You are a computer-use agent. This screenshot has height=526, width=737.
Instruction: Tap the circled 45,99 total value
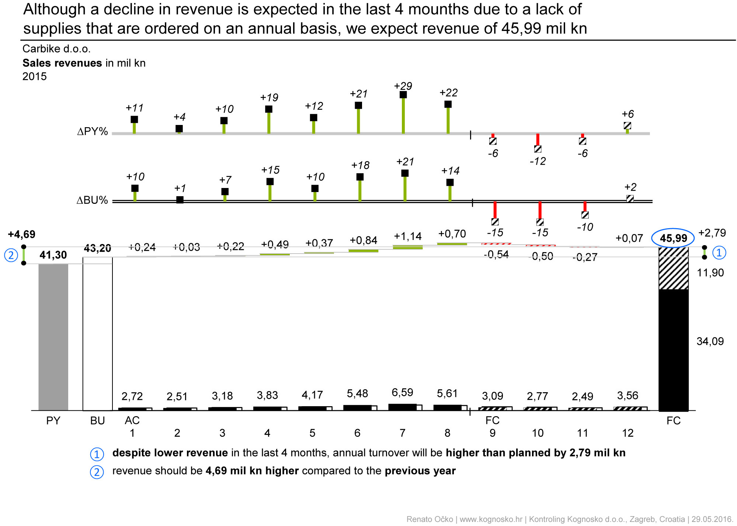pos(673,238)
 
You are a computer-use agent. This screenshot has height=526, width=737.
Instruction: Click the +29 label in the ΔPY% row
pos(403,86)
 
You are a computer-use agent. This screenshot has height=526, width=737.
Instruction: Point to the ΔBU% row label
pos(92,201)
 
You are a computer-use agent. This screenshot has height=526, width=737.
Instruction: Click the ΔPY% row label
pos(92,132)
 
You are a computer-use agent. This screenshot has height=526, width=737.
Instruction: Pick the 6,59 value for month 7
pos(402,393)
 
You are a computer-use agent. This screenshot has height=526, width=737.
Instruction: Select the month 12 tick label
pos(628,433)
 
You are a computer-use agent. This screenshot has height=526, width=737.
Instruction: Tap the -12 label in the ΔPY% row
pos(538,161)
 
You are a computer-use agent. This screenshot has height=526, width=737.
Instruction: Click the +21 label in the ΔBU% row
pos(405,162)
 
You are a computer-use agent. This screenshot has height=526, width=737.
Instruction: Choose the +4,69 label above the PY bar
pos(22,234)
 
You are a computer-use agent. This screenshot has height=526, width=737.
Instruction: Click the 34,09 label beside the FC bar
pos(710,341)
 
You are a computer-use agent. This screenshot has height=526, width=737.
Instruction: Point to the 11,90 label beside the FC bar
pos(710,273)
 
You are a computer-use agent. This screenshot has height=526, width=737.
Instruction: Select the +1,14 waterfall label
pos(407,236)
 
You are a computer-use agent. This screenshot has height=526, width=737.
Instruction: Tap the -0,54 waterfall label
pos(496,254)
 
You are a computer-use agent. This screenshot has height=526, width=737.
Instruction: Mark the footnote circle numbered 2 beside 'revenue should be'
pos(97,472)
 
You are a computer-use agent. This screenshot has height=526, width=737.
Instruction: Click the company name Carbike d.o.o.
pos(56,49)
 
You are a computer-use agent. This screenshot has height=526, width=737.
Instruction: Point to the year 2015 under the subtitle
pos(34,77)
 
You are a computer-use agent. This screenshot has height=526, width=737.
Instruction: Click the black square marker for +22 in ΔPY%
pos(448,104)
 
